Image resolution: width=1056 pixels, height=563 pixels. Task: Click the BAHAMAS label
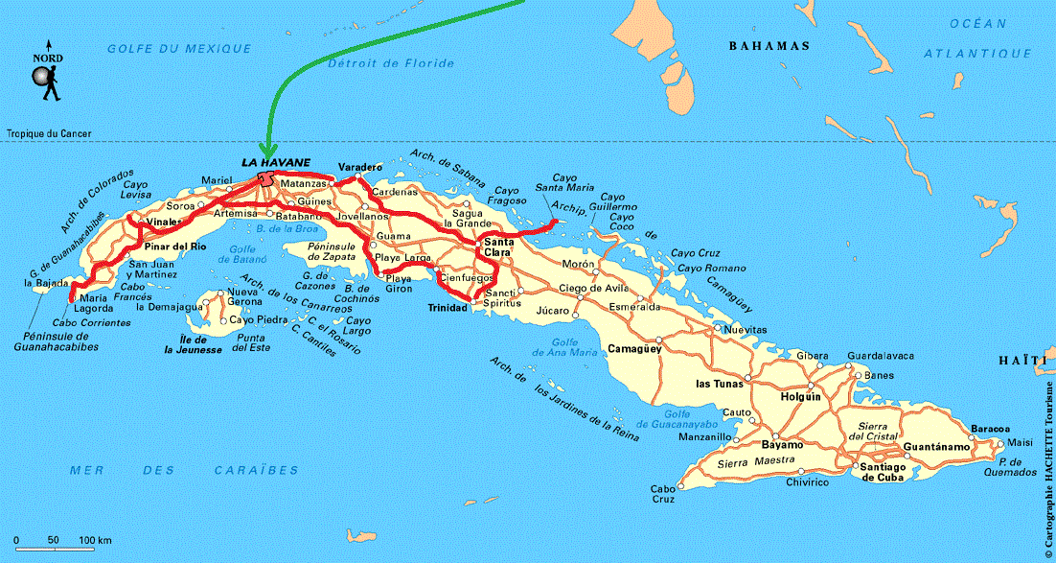(769, 46)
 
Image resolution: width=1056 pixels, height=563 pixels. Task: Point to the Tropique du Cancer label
(49, 134)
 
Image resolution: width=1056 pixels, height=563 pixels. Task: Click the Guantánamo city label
(934, 447)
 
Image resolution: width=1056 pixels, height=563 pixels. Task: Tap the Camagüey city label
(634, 349)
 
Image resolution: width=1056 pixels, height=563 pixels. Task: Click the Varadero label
(359, 167)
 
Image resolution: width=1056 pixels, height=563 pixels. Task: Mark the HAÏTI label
(1019, 360)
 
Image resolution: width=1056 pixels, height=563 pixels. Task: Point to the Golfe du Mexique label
(179, 48)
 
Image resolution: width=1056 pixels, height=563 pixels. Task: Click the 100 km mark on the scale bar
(95, 541)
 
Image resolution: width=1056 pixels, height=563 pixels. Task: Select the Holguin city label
(801, 396)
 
